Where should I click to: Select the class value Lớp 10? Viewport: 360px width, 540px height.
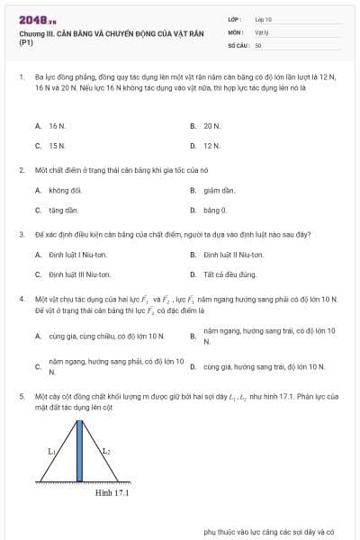tap(264, 19)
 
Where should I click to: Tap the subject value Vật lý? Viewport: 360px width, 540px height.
tap(262, 31)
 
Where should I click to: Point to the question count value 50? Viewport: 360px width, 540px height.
tap(258, 44)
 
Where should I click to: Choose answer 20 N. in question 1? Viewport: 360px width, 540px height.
tap(211, 126)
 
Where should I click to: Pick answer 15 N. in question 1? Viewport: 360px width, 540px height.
tap(57, 145)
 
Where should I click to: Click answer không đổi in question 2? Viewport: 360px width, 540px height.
tap(66, 190)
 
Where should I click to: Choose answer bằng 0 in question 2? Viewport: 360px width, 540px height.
tap(215, 210)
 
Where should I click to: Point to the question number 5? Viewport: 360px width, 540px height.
tap(21, 395)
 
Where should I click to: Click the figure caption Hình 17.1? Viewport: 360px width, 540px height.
tap(113, 492)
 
